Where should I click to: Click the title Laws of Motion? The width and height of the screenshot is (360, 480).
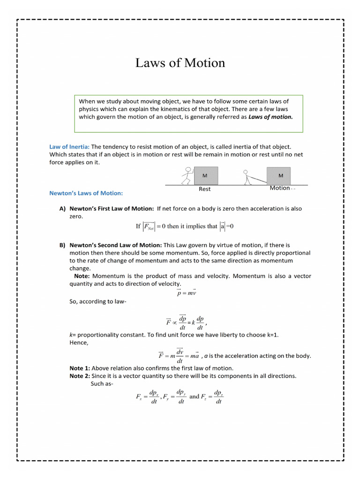pyautogui.click(x=180, y=63)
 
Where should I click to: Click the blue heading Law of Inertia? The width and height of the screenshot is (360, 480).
pyautogui.click(x=69, y=147)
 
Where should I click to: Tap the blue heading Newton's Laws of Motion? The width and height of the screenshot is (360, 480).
pyautogui.click(x=86, y=193)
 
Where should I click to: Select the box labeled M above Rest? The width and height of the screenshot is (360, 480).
pyautogui.click(x=205, y=176)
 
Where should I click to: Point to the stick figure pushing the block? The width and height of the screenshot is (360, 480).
pyautogui.click(x=187, y=176)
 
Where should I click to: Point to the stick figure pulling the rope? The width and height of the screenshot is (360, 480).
pyautogui.click(x=246, y=177)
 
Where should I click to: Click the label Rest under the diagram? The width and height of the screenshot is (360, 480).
pyautogui.click(x=205, y=189)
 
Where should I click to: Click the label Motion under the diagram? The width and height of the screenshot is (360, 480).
pyautogui.click(x=280, y=188)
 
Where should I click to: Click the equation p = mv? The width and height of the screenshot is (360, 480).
pyautogui.click(x=186, y=293)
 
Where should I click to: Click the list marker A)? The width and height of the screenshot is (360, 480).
pyautogui.click(x=62, y=209)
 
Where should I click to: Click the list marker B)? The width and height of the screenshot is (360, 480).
pyautogui.click(x=62, y=245)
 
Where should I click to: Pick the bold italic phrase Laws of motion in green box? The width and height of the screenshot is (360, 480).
pyautogui.click(x=270, y=117)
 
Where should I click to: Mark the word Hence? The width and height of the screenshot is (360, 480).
pyautogui.click(x=79, y=343)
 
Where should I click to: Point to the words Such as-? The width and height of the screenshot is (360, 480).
pyautogui.click(x=102, y=384)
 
